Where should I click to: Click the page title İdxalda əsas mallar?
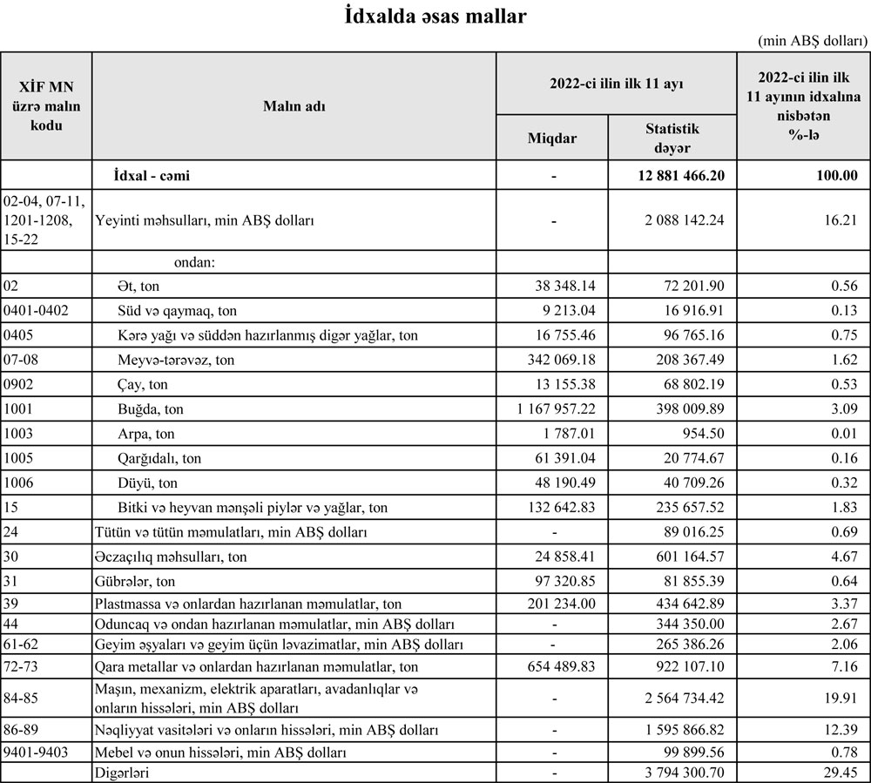coord(435,17)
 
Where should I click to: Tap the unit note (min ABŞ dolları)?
coord(812,40)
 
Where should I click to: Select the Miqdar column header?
coord(553,138)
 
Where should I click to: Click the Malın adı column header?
coord(294,105)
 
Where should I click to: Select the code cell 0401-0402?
coord(36,311)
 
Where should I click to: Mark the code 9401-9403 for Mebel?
coord(36,751)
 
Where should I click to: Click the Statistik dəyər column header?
coord(672,138)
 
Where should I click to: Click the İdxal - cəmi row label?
coord(152,175)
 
